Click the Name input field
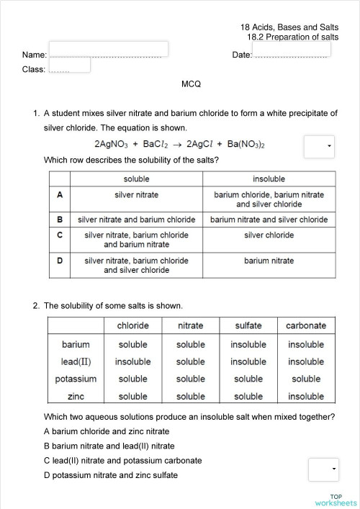[x=108, y=49]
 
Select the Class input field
[x=69, y=65]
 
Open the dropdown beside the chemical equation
[x=320, y=146]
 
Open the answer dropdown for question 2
[x=323, y=469]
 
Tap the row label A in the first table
[x=60, y=195]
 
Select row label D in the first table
[x=60, y=261]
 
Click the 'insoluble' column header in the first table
[x=269, y=179]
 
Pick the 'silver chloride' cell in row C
[x=269, y=235]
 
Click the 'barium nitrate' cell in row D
[x=269, y=261]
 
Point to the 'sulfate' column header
[x=248, y=325]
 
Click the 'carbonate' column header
[x=306, y=325]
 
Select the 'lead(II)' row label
[x=76, y=361]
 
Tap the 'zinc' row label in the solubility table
[x=76, y=396]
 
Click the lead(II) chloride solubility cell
[x=133, y=361]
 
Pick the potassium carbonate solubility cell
[x=306, y=379]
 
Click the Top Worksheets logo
[x=336, y=500]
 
